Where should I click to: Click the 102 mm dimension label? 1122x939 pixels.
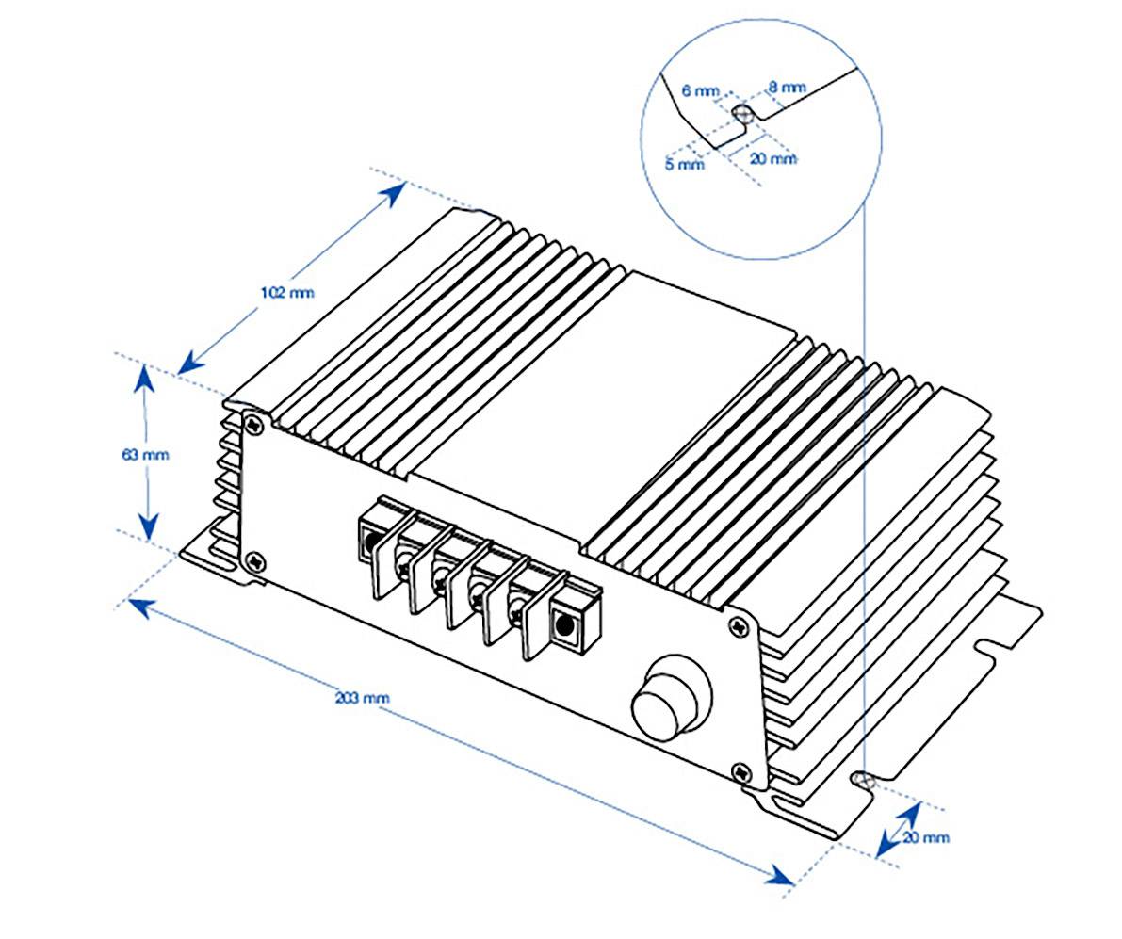point(287,292)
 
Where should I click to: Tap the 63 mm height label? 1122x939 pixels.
point(145,455)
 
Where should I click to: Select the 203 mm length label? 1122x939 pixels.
point(362,699)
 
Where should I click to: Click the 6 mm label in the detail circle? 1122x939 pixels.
point(699,91)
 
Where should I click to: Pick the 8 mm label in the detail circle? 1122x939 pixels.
point(787,88)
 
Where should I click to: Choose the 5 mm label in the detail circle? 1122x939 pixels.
point(684,164)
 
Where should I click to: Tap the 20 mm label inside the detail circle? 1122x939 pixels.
point(772,158)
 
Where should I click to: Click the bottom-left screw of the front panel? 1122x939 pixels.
point(254,561)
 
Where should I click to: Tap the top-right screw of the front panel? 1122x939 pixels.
point(741,623)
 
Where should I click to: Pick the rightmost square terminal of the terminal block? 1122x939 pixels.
point(565,623)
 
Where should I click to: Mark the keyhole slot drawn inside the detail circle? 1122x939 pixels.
point(743,114)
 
